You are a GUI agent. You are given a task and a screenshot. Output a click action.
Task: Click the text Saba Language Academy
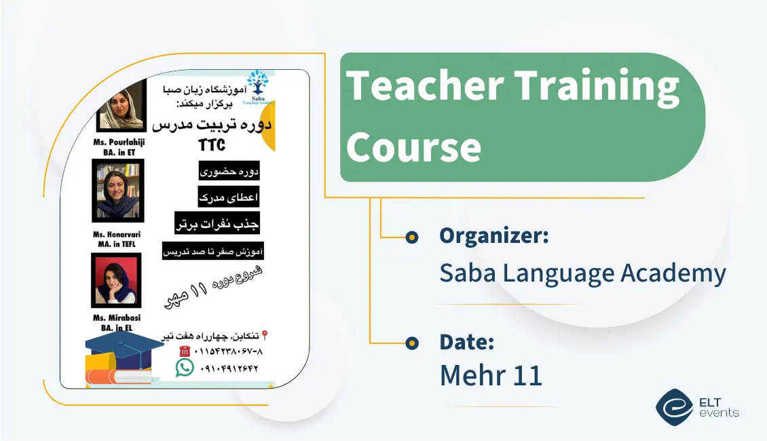pos(582,273)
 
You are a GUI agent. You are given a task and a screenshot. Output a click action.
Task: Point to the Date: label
pos(466,341)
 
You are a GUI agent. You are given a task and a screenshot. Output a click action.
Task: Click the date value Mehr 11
pos(491,375)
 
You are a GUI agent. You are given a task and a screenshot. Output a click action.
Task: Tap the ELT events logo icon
pos(674,406)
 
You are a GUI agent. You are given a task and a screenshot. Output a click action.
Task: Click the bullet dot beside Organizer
pos(411,237)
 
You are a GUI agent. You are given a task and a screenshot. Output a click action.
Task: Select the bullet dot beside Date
pos(411,343)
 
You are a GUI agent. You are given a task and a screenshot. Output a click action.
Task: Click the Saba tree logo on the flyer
pos(257,83)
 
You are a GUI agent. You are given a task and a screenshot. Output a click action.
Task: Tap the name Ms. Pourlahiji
pos(119,142)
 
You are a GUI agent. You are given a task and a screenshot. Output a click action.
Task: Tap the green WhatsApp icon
pos(184,368)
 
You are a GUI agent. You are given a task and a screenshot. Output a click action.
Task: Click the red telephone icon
pos(184,351)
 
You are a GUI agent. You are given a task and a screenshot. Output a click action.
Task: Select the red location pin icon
pos(265,335)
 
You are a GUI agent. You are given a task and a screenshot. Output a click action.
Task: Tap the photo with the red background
pos(116,280)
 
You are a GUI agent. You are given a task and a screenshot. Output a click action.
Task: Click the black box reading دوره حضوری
pos(229,171)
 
